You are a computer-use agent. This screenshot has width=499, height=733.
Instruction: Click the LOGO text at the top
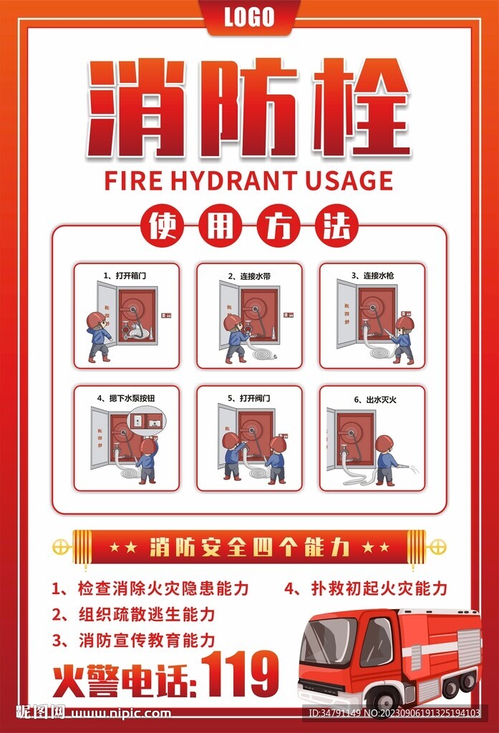tap(249, 16)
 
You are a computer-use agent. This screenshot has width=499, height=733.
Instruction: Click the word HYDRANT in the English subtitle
tap(234, 180)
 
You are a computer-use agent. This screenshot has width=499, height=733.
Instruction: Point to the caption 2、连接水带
tap(249, 276)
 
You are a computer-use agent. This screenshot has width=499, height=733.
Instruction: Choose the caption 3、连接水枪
tap(372, 275)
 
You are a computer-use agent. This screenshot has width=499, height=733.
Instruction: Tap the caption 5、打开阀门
tap(249, 397)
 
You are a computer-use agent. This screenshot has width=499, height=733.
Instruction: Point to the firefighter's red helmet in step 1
tap(95, 320)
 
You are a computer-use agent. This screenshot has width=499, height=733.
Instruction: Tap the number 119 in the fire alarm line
tap(241, 674)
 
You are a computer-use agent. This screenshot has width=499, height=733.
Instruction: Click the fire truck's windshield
tap(327, 641)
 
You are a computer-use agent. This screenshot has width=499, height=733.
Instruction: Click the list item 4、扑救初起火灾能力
tap(365, 588)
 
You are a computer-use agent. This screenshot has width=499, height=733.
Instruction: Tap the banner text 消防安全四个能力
tap(249, 548)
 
